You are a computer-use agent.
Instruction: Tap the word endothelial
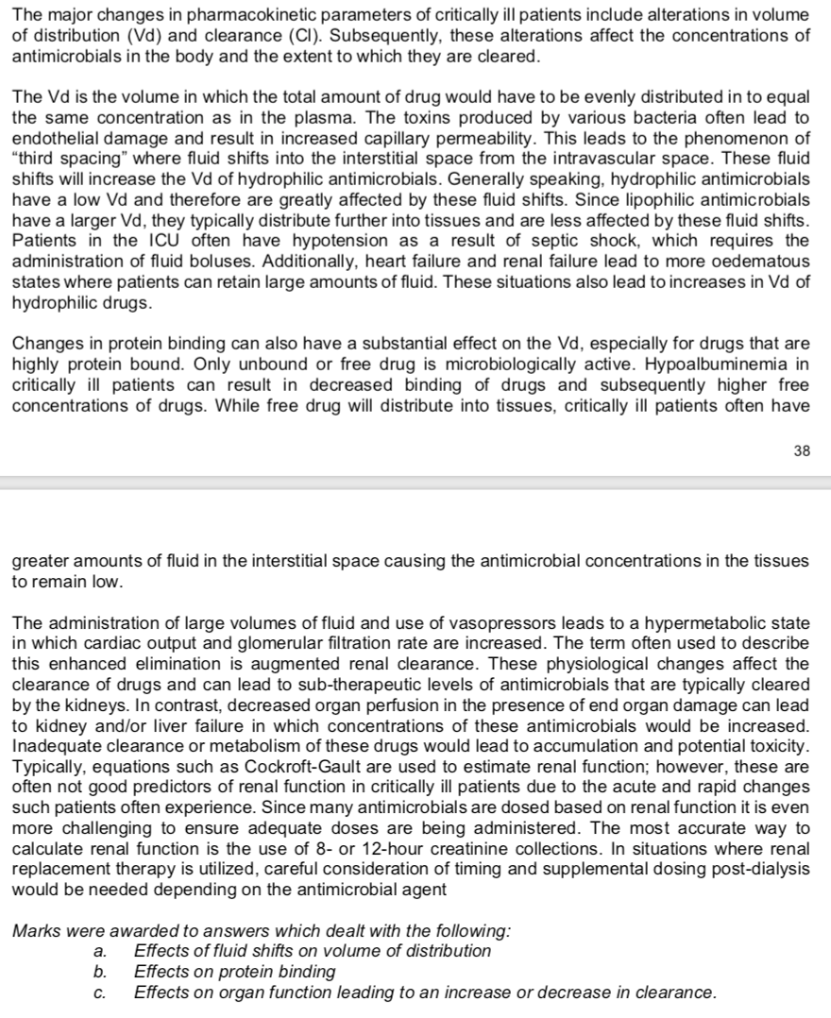click(x=51, y=137)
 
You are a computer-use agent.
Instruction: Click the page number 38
click(x=802, y=451)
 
